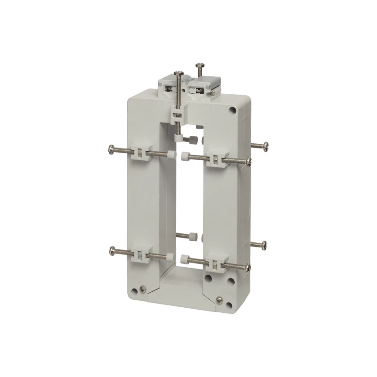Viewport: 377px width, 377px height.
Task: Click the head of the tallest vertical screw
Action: [x=180, y=73]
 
